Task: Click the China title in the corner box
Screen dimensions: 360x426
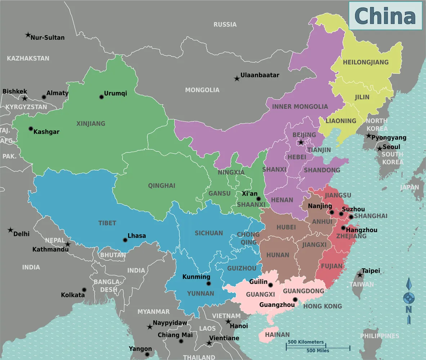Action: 385,16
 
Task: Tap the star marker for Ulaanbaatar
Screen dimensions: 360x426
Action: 237,78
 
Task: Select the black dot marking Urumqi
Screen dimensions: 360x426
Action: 102,97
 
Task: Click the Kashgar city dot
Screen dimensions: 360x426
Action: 31,129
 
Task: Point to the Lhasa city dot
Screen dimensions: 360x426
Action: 125,240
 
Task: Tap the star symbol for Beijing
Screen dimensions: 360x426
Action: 301,143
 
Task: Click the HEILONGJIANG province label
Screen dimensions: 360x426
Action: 366,62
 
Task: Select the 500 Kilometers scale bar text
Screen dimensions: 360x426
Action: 305,342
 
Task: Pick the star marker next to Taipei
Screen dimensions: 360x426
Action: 359,275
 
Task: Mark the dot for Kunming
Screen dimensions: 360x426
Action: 208,284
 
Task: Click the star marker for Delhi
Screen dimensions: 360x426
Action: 10,230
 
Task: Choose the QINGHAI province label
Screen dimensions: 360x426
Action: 161,186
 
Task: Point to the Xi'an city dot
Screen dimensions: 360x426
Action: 258,199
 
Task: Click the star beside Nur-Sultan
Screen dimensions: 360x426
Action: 28,35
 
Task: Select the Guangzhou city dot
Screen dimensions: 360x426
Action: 295,300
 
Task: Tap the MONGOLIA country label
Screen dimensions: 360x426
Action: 202,90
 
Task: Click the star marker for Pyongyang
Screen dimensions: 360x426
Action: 368,136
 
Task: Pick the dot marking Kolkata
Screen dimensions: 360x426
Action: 84,290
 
